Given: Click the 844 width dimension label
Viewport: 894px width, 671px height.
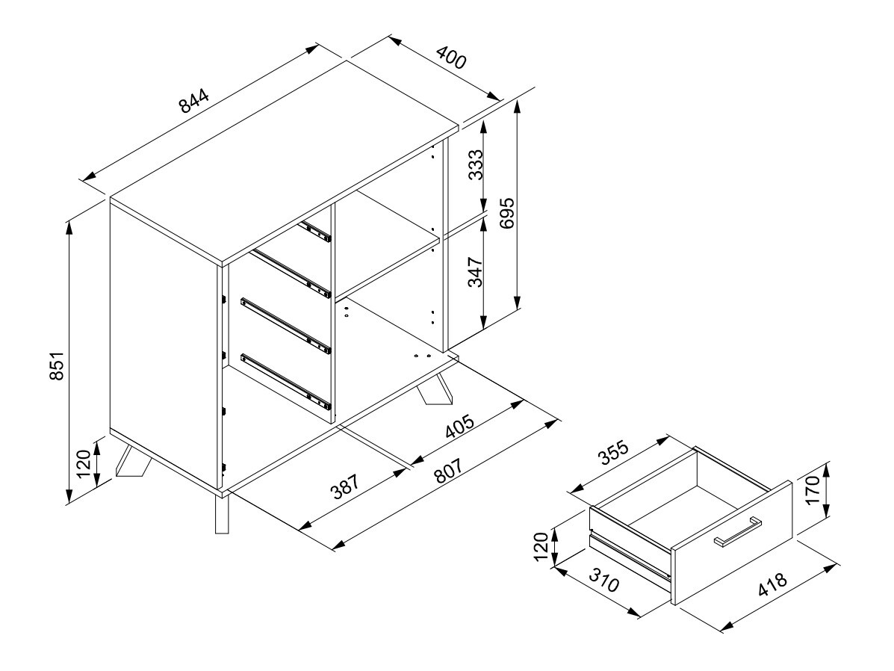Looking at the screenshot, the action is [194, 102].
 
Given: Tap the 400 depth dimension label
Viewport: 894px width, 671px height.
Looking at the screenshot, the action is [452, 58].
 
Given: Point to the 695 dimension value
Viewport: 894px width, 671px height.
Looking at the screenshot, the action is [506, 213].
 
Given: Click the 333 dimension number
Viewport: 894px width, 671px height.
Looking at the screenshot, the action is [475, 165].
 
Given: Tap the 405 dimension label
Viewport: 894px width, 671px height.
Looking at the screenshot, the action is [459, 427].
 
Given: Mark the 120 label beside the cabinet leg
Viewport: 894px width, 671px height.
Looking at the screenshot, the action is [83, 463].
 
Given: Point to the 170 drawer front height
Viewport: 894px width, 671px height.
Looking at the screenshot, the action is [811, 489].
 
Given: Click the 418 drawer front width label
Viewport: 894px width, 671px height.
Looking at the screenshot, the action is [772, 583].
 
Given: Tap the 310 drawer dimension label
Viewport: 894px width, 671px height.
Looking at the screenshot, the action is [603, 581].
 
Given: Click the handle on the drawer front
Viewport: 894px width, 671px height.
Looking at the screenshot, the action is [738, 531].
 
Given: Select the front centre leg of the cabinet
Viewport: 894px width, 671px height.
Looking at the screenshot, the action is [222, 514].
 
